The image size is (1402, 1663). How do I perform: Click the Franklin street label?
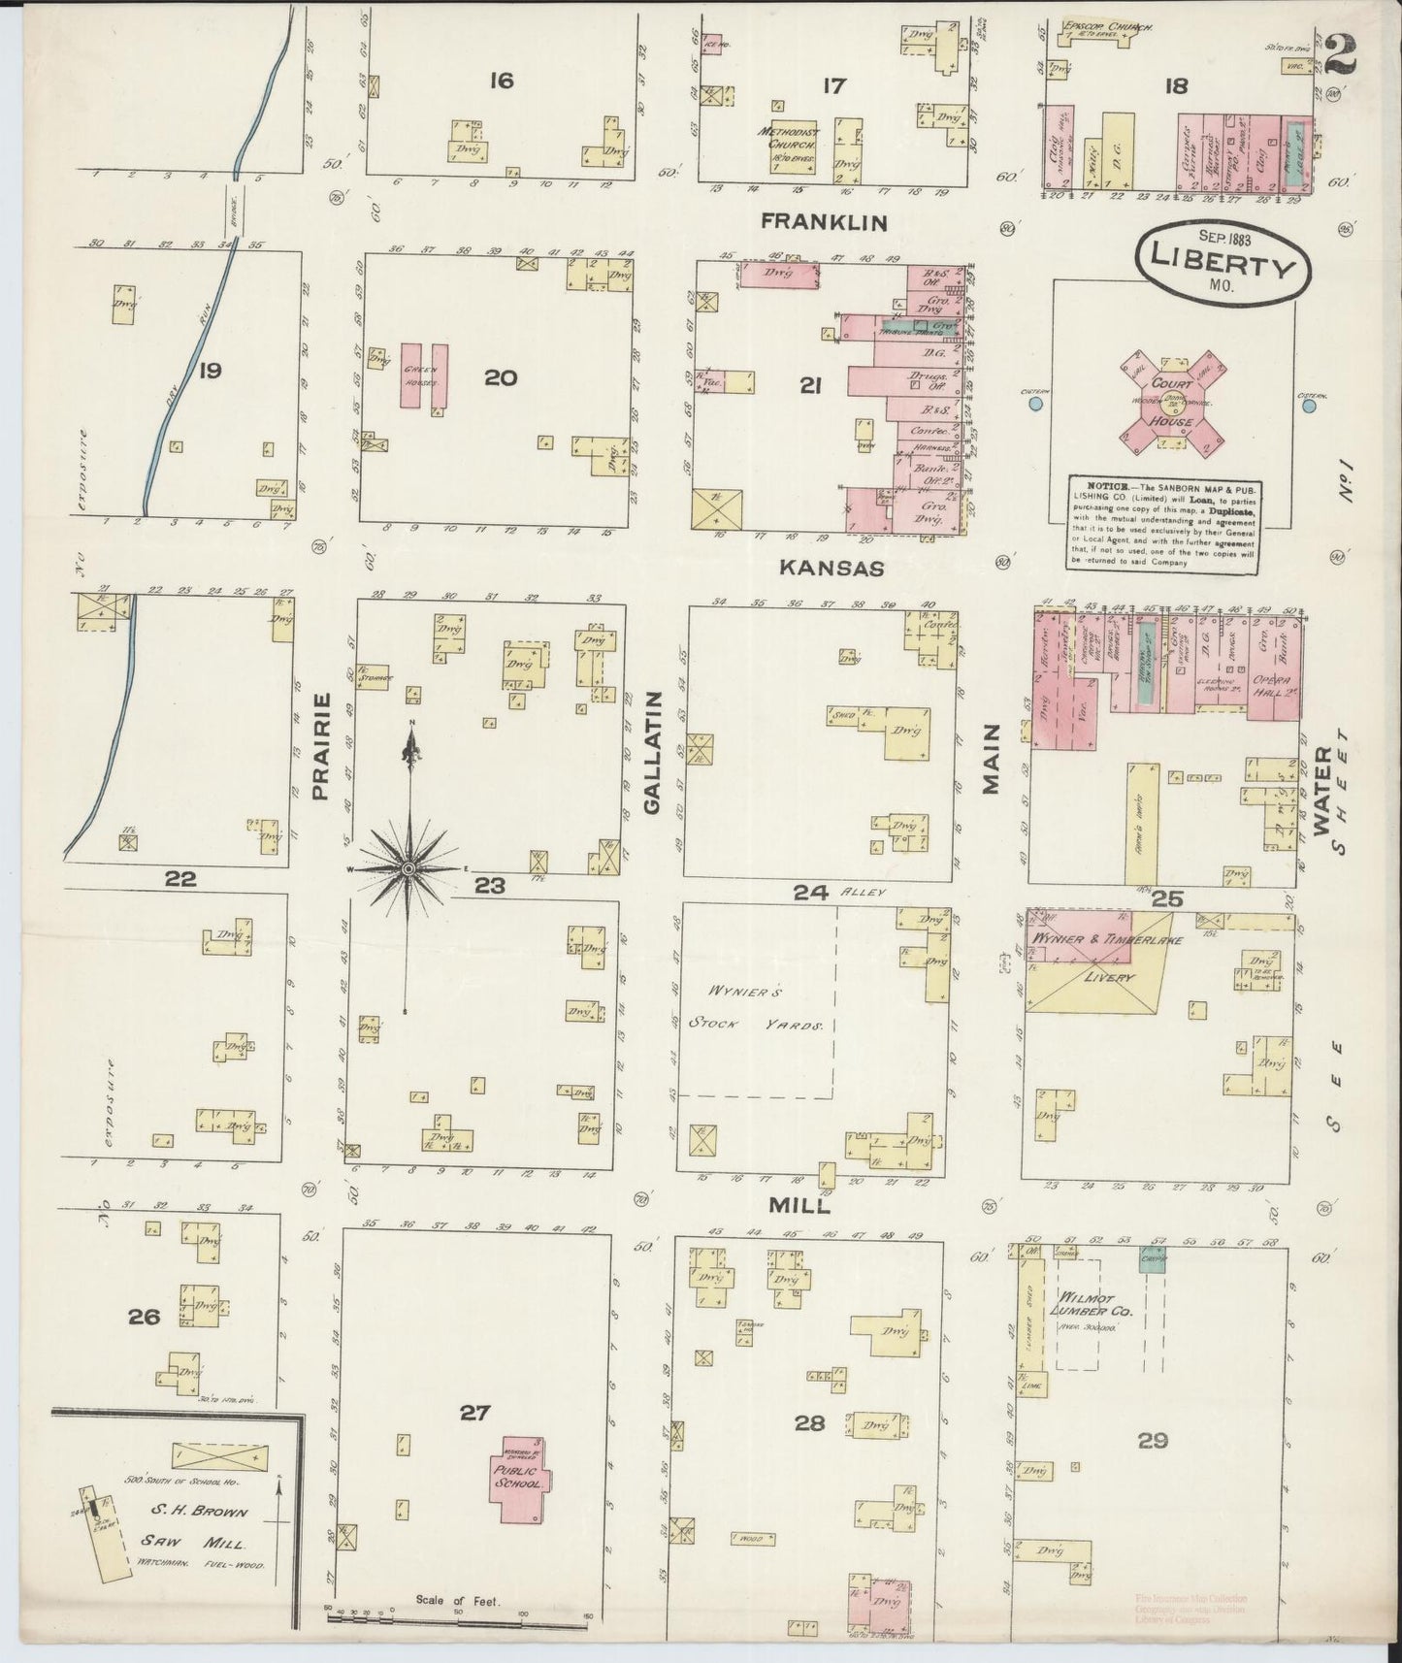(823, 222)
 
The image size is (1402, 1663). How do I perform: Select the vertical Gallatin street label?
(653, 752)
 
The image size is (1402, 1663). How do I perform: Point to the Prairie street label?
(322, 746)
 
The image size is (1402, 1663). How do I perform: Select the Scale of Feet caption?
(457, 1601)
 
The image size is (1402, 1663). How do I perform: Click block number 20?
(501, 377)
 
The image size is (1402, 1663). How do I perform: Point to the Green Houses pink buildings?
(424, 375)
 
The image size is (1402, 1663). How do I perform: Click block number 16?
(501, 81)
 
